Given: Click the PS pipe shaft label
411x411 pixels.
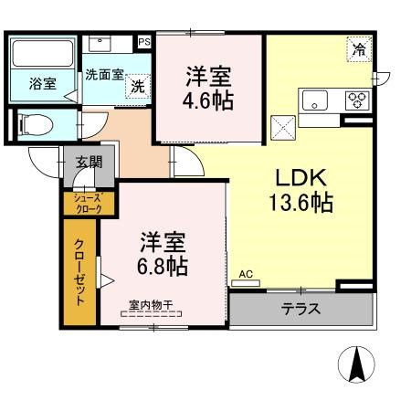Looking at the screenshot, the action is click(144, 42).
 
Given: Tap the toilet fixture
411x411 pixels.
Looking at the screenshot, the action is click(36, 125).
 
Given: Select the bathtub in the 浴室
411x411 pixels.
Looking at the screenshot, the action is click(43, 54).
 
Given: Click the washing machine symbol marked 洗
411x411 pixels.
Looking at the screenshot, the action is click(138, 87).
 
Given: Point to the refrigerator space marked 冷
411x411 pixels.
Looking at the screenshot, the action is click(360, 49).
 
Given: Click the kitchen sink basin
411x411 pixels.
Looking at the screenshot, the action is click(315, 100).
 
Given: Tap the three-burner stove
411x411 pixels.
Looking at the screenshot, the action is click(357, 100).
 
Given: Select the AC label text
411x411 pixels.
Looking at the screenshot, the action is click(246, 274).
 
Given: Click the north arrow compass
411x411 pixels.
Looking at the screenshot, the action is click(356, 364).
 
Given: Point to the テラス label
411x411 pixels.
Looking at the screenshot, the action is click(300, 310).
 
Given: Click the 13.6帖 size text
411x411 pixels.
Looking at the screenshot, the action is click(300, 203).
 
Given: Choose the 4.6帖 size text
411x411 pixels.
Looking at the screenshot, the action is click(208, 100).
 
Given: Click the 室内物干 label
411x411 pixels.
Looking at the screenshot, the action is click(151, 305).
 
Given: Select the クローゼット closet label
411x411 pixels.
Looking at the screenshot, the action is click(79, 273).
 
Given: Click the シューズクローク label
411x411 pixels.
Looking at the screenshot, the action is click(89, 204).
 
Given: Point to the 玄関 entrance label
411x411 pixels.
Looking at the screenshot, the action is click(90, 162).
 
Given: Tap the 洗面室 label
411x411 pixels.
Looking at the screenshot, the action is click(104, 75).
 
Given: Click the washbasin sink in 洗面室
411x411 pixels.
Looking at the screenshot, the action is click(100, 44).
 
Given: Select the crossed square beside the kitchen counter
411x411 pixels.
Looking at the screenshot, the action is click(283, 128).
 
